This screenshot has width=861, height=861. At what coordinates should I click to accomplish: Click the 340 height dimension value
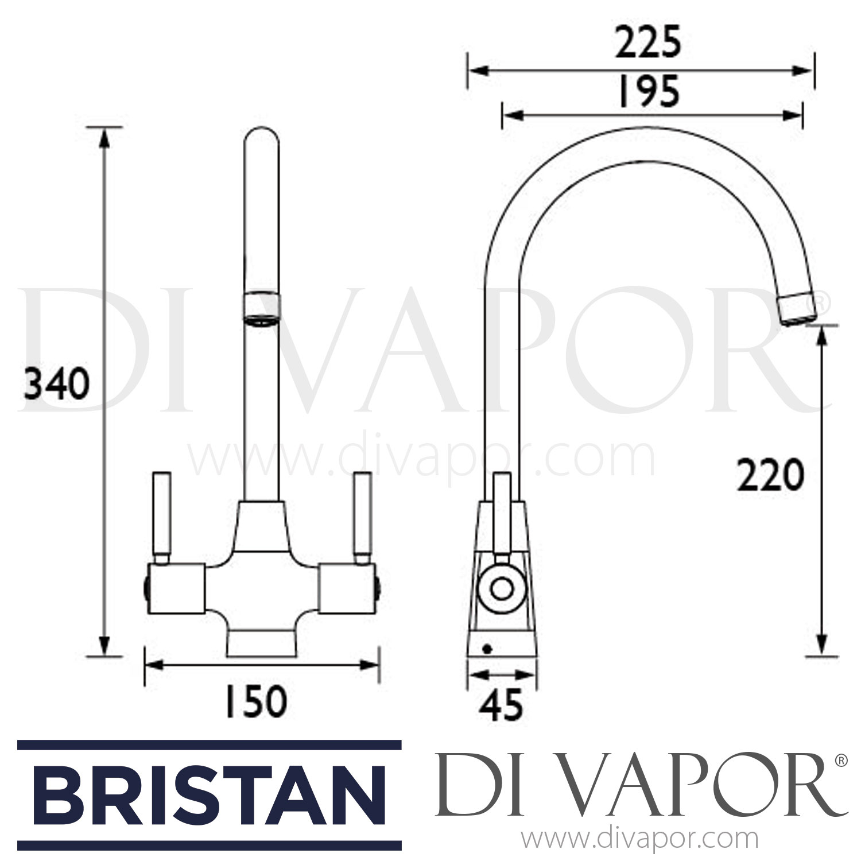pyautogui.click(x=56, y=385)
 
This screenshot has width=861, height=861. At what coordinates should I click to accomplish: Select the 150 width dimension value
pyautogui.click(x=255, y=701)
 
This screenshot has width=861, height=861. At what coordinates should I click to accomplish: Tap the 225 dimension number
pyautogui.click(x=647, y=43)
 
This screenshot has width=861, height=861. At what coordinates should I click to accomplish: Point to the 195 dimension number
pyautogui.click(x=649, y=92)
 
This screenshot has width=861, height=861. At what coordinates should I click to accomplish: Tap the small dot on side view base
pyautogui.click(x=487, y=649)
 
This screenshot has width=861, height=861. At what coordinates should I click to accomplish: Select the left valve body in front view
pyautogui.click(x=176, y=588)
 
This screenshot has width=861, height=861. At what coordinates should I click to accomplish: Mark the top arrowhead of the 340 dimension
pyautogui.click(x=104, y=138)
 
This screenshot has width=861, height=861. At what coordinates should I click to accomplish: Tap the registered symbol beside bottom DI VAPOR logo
pyautogui.click(x=841, y=761)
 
